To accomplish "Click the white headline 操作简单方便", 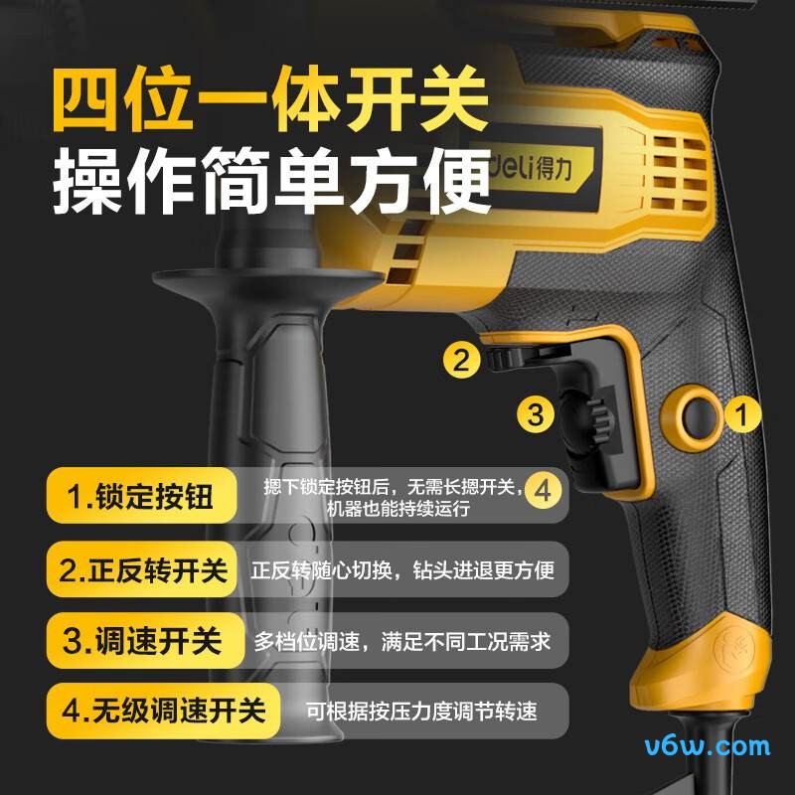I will point(270,182).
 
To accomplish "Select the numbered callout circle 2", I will point(460,359).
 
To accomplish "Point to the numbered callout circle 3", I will point(536,413).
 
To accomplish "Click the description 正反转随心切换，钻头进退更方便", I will point(401,570).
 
